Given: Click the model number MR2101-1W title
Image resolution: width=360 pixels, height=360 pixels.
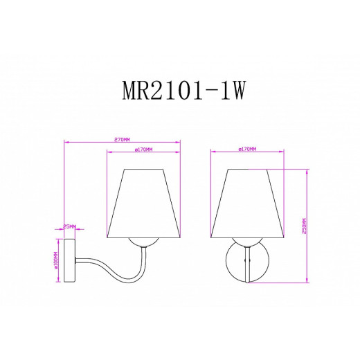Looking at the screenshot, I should coord(180,91).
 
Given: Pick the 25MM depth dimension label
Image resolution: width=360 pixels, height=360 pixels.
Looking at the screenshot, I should coord(69,226).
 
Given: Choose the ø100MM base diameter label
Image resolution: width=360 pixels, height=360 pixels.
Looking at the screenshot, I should coord(55,260).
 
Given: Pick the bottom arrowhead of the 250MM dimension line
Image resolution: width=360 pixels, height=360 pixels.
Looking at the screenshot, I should coord(306,281).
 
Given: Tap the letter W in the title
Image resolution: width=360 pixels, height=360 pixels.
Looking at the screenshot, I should coord(239,91).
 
